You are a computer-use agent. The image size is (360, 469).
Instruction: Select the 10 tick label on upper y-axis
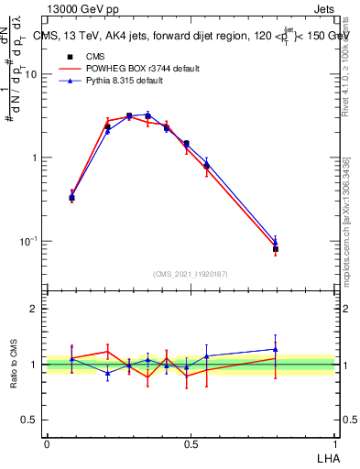[x=30, y=75]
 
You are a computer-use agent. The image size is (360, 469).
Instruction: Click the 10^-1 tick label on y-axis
[x=27, y=242]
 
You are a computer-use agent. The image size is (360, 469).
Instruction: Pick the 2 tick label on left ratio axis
[x=35, y=310]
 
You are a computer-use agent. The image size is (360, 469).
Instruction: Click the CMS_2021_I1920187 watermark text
[x=191, y=273]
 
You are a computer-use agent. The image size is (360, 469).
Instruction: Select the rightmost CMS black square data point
[x=275, y=248]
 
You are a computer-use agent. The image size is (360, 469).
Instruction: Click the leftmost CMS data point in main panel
[x=72, y=197]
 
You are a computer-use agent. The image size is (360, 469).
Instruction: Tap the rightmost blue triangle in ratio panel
[x=275, y=349]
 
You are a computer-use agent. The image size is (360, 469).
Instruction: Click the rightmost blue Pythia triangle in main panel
[x=275, y=242]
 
